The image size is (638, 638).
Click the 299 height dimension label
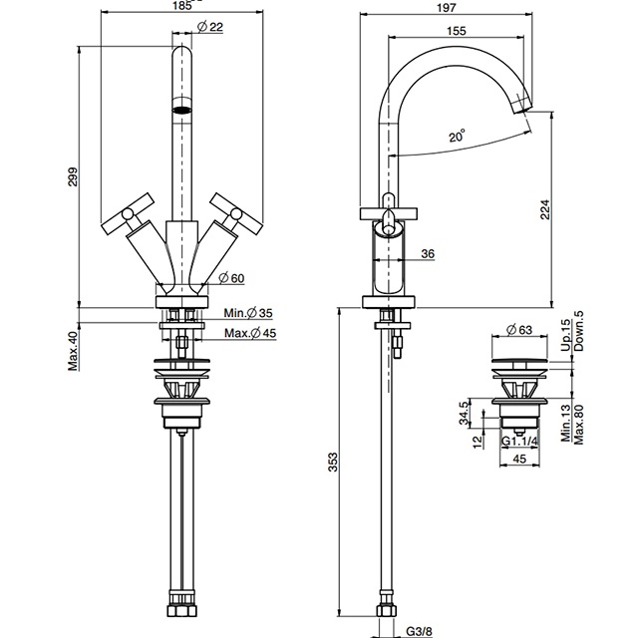73,177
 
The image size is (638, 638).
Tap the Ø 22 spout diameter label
210,27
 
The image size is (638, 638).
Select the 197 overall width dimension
446,7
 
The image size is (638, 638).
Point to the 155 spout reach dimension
457,31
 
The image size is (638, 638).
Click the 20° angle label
457,136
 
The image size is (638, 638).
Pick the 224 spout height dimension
545,209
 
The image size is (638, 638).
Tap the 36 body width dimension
428,254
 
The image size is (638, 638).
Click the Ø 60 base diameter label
231,278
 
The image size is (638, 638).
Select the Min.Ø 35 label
248,313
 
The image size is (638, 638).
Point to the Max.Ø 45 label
250,333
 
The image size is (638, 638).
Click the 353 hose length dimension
333,462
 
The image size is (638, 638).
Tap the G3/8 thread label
419,631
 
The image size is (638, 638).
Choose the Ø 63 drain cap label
519,329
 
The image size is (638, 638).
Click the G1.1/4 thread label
519,441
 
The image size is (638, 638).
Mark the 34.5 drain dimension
465,413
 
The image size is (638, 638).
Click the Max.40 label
73,351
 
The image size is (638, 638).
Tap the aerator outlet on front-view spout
181,110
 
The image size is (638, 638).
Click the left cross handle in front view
128,213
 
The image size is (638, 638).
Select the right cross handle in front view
236,213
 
